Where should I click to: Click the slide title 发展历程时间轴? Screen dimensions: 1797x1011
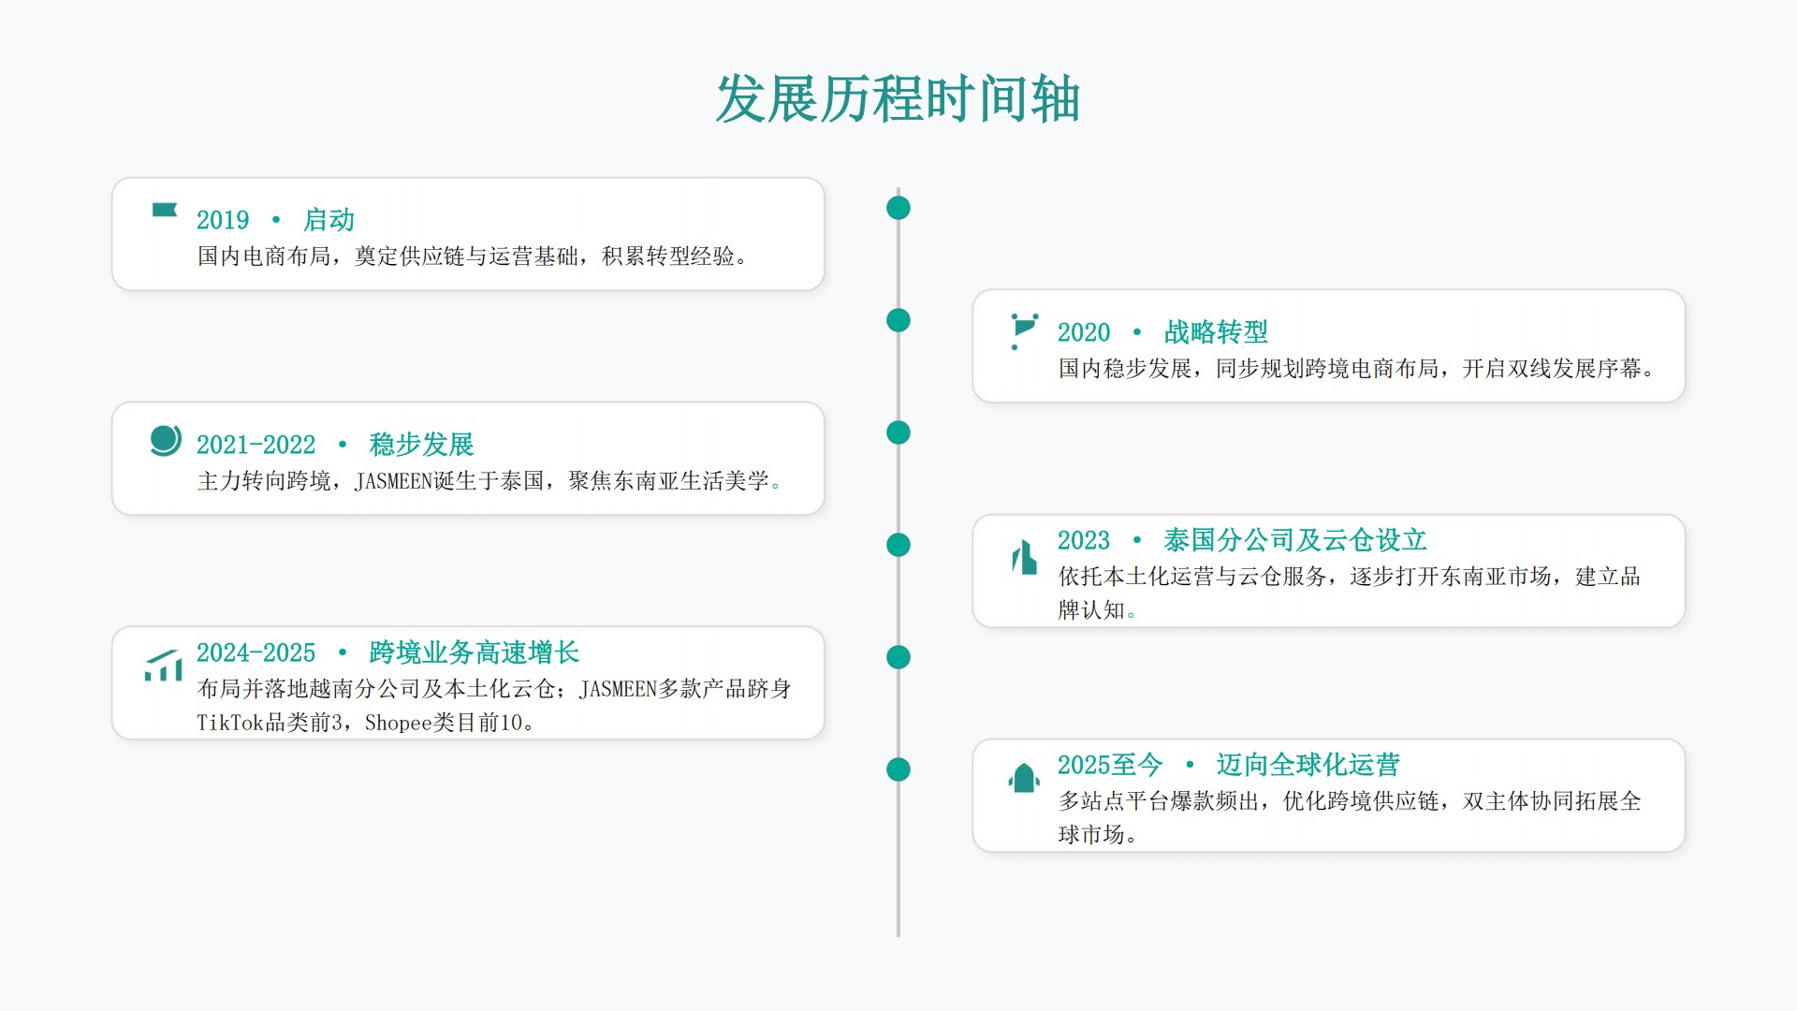tap(898, 99)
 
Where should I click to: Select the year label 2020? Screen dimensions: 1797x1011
tap(1084, 332)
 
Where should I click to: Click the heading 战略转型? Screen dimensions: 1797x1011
tap(1216, 332)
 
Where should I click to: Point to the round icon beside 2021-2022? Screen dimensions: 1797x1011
tap(166, 440)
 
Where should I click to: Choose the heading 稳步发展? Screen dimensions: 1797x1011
tap(421, 445)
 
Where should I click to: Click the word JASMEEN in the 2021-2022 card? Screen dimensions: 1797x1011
tap(393, 481)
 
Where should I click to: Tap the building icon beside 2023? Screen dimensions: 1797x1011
tap(1025, 557)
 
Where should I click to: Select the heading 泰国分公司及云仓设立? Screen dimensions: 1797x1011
tap(1295, 540)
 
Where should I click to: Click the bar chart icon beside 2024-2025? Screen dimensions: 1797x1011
tap(164, 666)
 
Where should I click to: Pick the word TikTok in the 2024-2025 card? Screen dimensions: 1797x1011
tap(230, 723)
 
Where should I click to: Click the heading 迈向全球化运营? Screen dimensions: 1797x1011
tap(1308, 765)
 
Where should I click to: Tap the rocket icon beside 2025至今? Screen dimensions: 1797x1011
tap(1024, 778)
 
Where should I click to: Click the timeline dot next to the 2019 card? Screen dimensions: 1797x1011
tap(898, 208)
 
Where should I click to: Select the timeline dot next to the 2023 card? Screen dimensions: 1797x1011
tap(898, 545)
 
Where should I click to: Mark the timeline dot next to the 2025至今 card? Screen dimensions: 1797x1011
tap(898, 769)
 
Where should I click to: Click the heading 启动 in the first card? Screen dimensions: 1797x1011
tap(329, 220)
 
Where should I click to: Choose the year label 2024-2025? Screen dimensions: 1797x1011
tap(256, 652)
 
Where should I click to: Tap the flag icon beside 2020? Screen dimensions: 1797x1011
tap(1025, 331)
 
